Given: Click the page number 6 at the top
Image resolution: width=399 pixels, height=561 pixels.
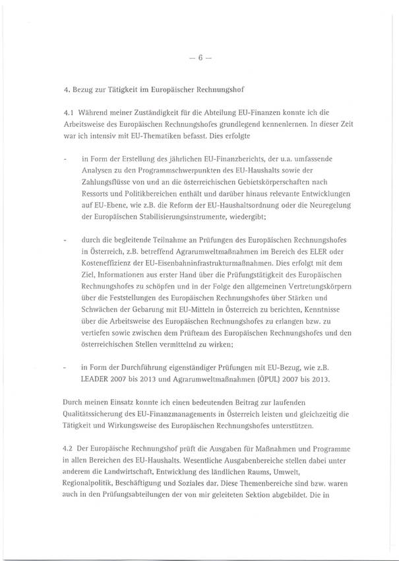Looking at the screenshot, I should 199,57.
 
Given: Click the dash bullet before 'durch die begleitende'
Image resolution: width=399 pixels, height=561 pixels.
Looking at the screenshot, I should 64,239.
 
